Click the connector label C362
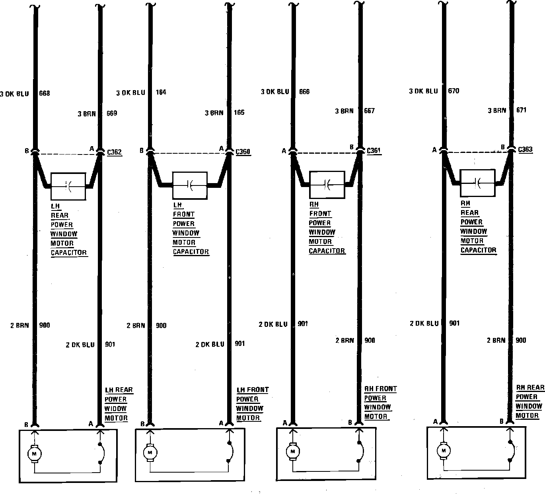(115, 152)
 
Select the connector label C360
(243, 151)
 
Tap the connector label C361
(374, 151)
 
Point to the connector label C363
(525, 150)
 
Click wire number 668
(45, 94)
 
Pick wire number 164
(161, 93)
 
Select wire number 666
(304, 92)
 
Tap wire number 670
(454, 91)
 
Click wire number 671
(521, 110)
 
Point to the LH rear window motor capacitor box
(68, 186)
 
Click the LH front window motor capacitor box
(190, 185)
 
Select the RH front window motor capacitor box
(327, 184)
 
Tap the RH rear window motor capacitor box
(477, 183)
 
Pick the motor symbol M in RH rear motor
(443, 450)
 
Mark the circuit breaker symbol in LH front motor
(230, 452)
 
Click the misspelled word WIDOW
(115, 409)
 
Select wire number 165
(239, 113)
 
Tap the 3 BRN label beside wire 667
(344, 111)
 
